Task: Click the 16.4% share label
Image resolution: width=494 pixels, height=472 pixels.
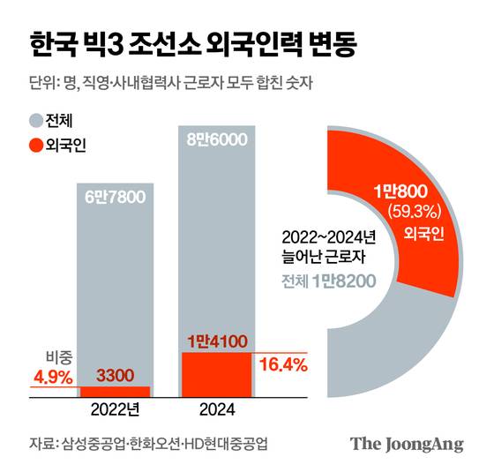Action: coord(282,363)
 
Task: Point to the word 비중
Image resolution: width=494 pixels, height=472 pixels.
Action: coord(56,356)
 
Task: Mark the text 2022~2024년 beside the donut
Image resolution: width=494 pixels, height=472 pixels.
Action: coord(328,239)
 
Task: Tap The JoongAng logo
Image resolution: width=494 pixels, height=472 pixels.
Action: coord(407,444)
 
